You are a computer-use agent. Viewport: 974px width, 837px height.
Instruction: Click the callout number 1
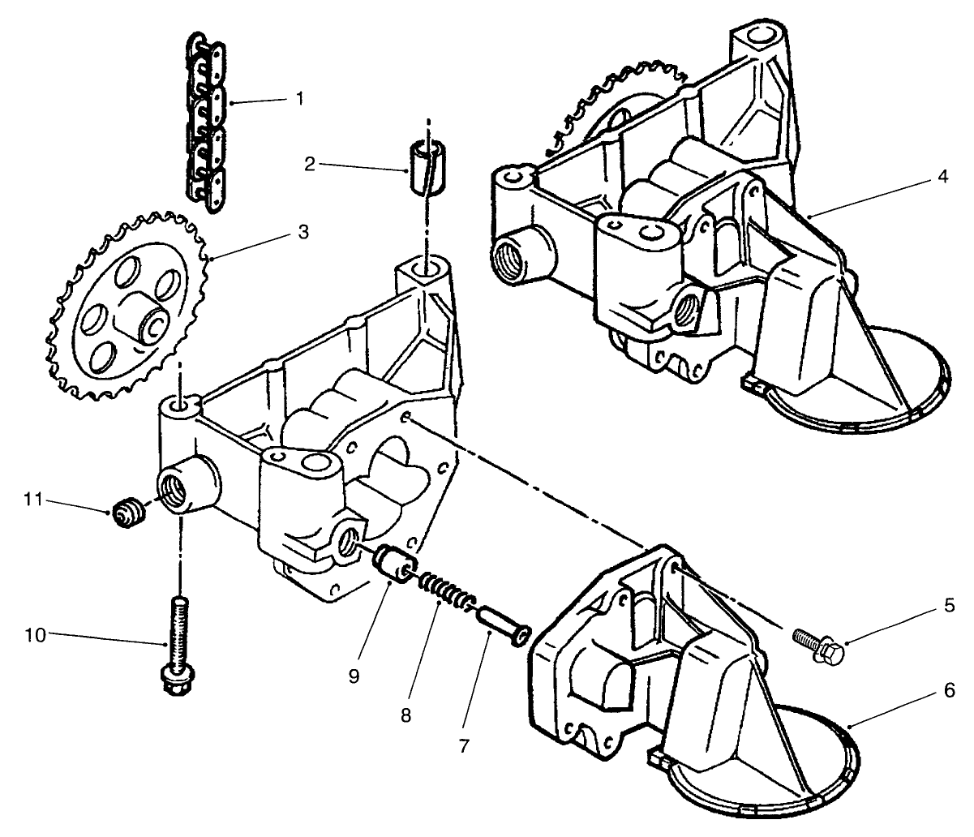(x=299, y=98)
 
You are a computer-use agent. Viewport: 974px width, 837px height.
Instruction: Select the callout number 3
(x=302, y=232)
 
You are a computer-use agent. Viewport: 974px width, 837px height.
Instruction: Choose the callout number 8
(x=405, y=715)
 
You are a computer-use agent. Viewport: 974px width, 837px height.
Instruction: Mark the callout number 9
(x=354, y=676)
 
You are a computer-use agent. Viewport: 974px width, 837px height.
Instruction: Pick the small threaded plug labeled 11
(x=127, y=513)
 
